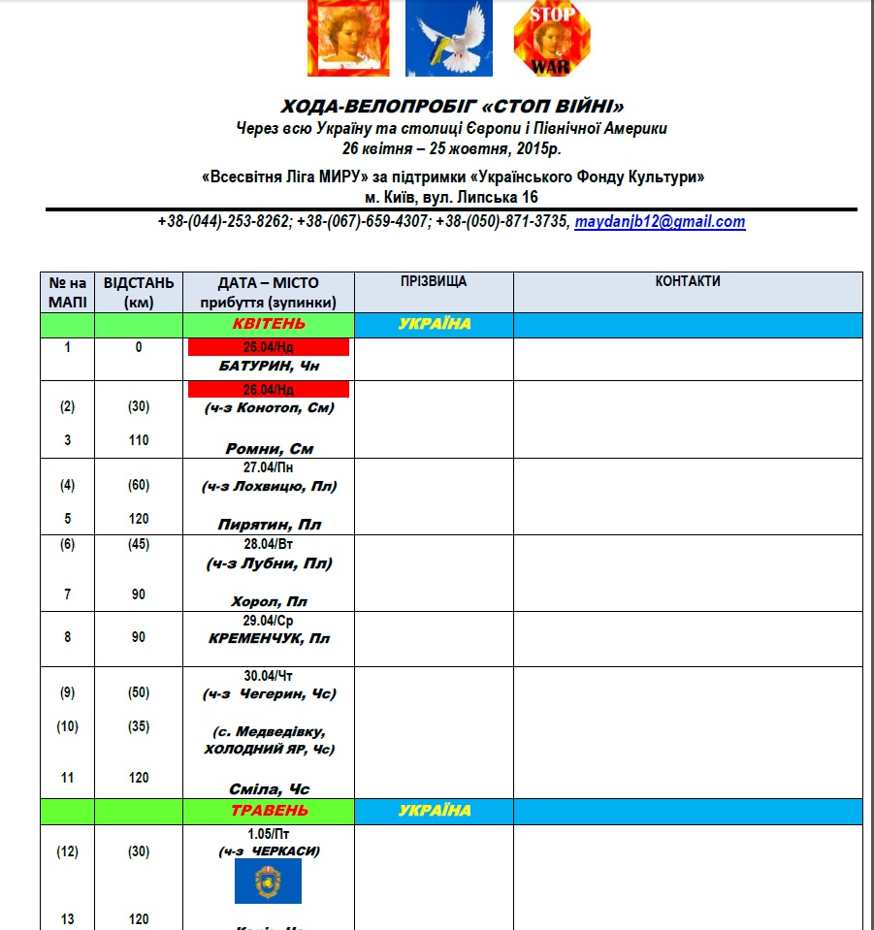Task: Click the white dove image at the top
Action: tap(448, 38)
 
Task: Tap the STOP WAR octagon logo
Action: tap(550, 38)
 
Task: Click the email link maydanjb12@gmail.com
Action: tap(660, 222)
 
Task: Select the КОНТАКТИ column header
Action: tap(688, 282)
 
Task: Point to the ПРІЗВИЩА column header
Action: tap(434, 282)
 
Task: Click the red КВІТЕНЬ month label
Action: tap(269, 324)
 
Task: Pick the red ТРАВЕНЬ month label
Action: tap(269, 811)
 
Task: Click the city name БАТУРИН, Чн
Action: tap(269, 367)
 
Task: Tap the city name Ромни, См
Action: tap(269, 449)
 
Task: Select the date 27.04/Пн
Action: tap(269, 466)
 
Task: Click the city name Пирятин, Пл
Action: tap(269, 525)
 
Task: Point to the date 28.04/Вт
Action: tap(269, 544)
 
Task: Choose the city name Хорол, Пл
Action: tap(269, 602)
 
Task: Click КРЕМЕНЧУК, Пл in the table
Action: tap(269, 639)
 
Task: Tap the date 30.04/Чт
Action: tap(269, 675)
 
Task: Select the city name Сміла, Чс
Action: tap(269, 789)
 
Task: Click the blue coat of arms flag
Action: tap(269, 881)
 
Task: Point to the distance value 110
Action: tap(139, 440)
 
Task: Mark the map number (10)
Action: tap(68, 726)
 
